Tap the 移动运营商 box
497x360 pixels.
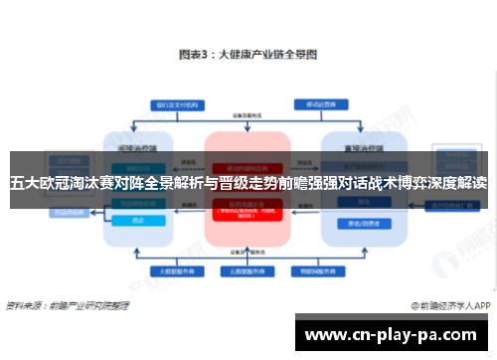click(x=321, y=103)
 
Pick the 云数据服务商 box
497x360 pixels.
click(x=248, y=270)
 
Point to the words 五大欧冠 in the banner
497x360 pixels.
click(x=37, y=183)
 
